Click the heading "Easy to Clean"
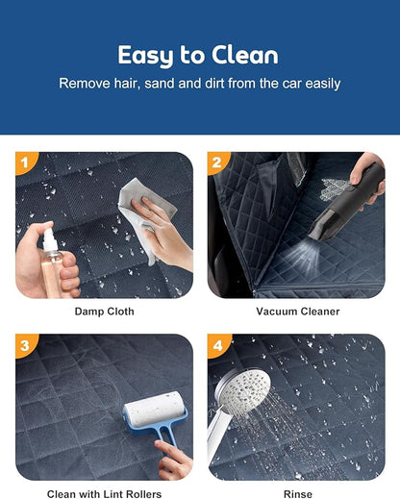tap(198, 56)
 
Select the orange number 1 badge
tap(26, 162)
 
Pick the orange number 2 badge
tap(217, 162)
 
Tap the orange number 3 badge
tap(26, 345)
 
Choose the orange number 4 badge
tap(218, 345)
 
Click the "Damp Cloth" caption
tap(104, 312)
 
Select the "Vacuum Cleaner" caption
tap(298, 312)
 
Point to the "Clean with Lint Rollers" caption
tap(104, 494)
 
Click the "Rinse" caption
tap(298, 494)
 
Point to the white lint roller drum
tap(155, 410)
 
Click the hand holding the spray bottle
tap(45, 262)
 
